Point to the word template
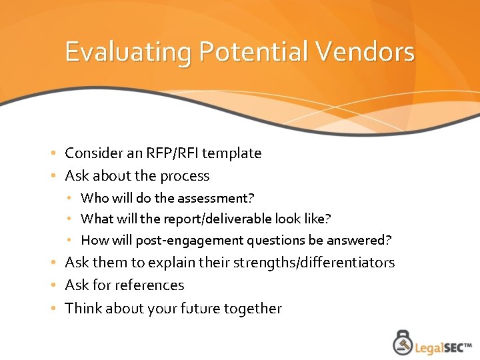231,153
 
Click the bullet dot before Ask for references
53,286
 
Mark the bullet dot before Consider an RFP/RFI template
53,154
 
